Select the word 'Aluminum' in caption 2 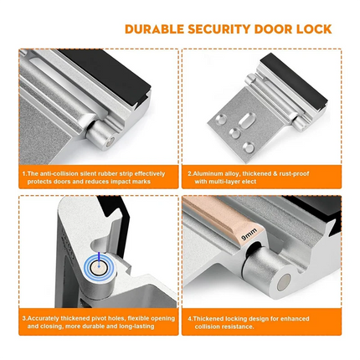click(213, 173)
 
